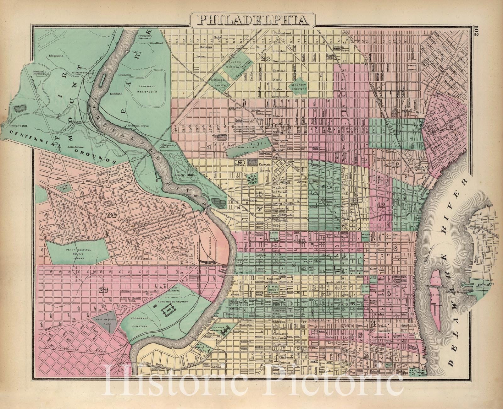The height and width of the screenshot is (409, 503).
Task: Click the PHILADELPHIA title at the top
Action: pyautogui.click(x=253, y=20)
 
